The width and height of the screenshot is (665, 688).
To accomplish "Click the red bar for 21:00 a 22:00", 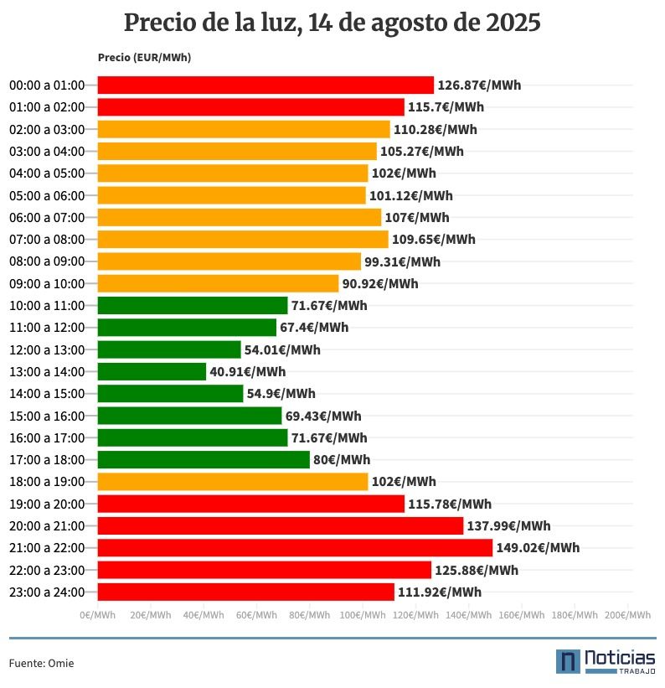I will (295, 548).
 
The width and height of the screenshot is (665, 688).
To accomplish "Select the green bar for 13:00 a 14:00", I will (152, 371).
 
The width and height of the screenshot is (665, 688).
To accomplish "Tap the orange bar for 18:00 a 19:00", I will (233, 482).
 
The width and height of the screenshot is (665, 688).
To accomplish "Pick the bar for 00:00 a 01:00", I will (265, 85).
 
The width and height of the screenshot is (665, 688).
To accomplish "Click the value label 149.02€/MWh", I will (538, 548).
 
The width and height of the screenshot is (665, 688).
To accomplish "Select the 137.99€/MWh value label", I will (508, 526).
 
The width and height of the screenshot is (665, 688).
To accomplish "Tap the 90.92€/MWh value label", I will (380, 283).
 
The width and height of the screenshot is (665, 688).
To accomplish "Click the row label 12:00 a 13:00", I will (47, 349).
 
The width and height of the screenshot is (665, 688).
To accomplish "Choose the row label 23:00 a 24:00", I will (47, 592).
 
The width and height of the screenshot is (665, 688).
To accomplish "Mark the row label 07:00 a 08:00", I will (47, 240).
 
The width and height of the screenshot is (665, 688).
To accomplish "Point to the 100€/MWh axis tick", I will (363, 615).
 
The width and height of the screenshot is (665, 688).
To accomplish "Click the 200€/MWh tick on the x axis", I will (627, 615).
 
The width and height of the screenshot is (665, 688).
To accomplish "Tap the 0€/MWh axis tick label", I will (98, 615).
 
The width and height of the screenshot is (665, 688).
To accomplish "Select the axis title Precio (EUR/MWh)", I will (144, 58).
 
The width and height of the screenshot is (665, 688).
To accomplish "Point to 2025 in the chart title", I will (513, 23).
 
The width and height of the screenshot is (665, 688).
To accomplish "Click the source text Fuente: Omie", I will (41, 663).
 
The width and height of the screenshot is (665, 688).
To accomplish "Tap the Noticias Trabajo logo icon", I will (568, 660).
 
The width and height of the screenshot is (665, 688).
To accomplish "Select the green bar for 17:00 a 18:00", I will (204, 460).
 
